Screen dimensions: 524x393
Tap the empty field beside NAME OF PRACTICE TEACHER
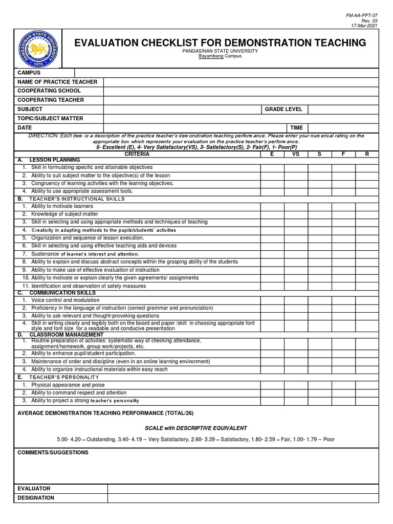(x=241, y=82)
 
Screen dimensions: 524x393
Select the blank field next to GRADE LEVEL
(x=343, y=110)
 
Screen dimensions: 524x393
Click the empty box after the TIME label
(x=343, y=128)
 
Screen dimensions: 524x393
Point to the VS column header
(x=296, y=154)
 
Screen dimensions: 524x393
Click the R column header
(x=367, y=154)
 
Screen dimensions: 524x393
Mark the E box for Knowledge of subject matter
(x=272, y=214)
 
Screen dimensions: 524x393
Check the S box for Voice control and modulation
(x=319, y=300)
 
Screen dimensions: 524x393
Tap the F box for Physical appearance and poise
(x=343, y=385)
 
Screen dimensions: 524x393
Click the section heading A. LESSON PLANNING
(x=49, y=160)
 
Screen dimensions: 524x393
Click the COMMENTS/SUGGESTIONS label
(x=53, y=453)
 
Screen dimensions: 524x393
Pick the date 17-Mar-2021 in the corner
(x=364, y=25)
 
